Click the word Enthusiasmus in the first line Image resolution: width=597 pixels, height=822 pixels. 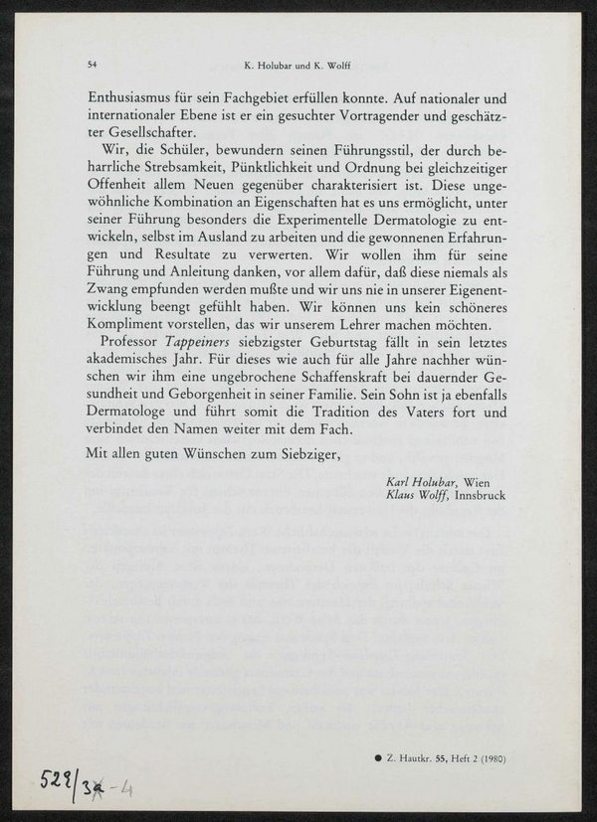pos(136,99)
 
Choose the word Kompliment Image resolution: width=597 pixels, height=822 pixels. pos(129,324)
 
